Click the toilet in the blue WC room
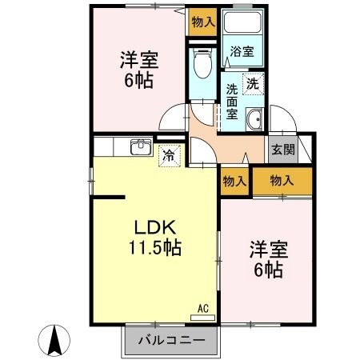(x=202, y=64)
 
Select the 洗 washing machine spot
(x=252, y=82)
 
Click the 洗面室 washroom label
(x=230, y=102)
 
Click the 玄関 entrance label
(x=282, y=148)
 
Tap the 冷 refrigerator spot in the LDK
(x=170, y=155)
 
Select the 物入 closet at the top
(x=202, y=22)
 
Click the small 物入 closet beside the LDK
(x=234, y=182)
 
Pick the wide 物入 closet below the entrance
(x=282, y=182)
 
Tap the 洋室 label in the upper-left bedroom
(x=138, y=59)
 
